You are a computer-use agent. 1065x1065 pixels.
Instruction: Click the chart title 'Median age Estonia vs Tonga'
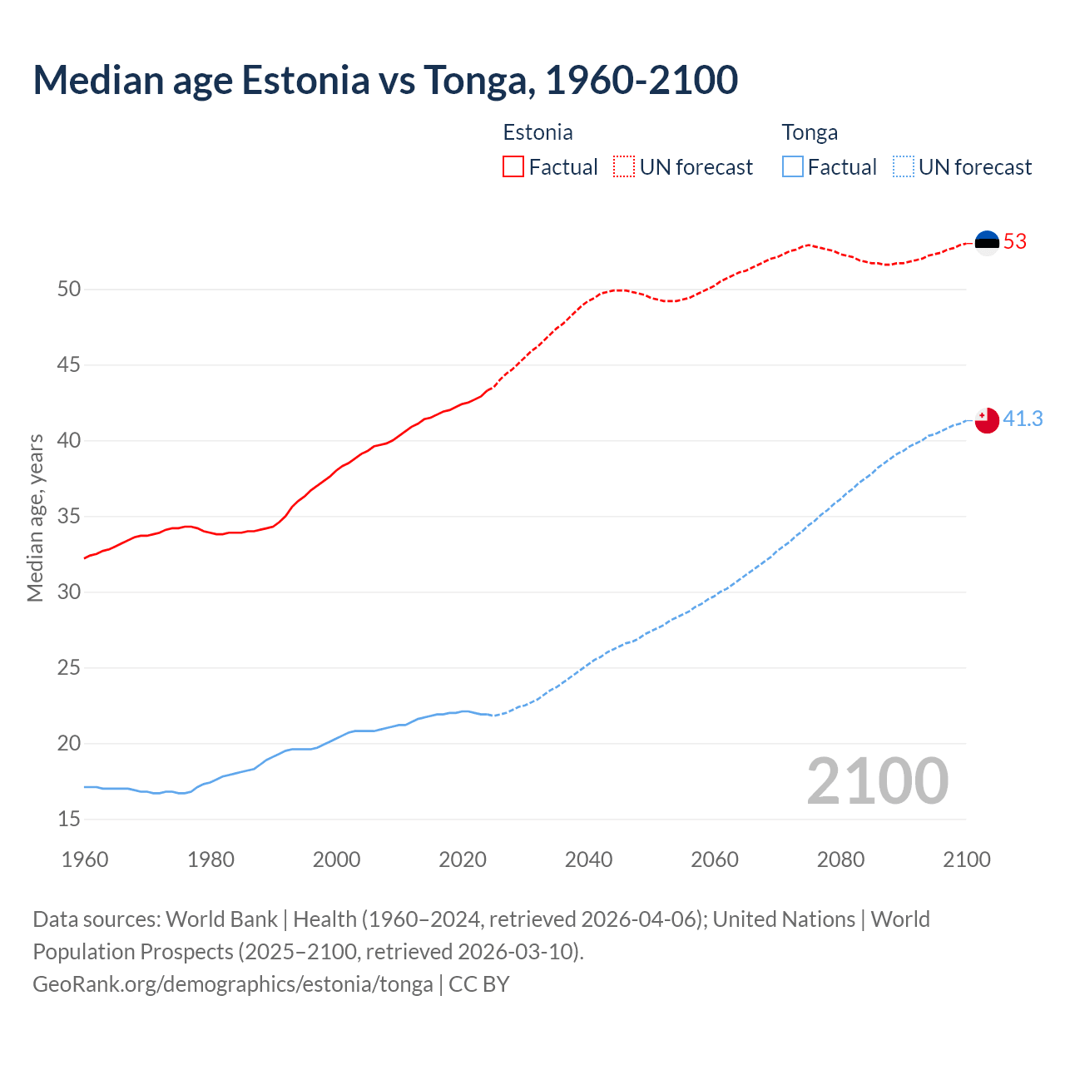pyautogui.click(x=385, y=80)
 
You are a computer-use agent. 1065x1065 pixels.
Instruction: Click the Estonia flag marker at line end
pyautogui.click(x=987, y=242)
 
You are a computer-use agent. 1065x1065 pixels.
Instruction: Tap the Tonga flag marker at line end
pyautogui.click(x=987, y=420)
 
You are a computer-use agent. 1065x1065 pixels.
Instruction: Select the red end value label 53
pyautogui.click(x=1015, y=242)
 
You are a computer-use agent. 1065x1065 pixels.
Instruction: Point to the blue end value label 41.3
pyautogui.click(x=1023, y=419)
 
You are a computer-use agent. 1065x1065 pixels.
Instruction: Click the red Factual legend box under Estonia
pyautogui.click(x=513, y=167)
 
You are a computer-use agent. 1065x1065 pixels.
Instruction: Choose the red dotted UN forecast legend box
pyautogui.click(x=624, y=167)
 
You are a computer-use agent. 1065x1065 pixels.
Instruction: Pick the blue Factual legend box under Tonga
pyautogui.click(x=793, y=167)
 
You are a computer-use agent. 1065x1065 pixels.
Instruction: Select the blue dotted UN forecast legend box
pyautogui.click(x=903, y=167)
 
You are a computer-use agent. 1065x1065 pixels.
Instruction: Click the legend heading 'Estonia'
pyautogui.click(x=537, y=132)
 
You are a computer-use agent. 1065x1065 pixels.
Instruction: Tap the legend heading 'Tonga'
pyautogui.click(x=810, y=132)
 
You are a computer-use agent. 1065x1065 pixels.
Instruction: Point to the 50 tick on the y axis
pyautogui.click(x=69, y=290)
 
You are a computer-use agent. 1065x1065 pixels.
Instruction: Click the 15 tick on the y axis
pyautogui.click(x=69, y=820)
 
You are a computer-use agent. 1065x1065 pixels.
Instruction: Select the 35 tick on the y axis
pyautogui.click(x=69, y=517)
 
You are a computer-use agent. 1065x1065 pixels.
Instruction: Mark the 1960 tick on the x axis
pyautogui.click(x=85, y=859)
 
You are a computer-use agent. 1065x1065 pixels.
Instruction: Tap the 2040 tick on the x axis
pyautogui.click(x=588, y=859)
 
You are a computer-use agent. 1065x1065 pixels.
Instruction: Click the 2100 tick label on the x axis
pyautogui.click(x=966, y=859)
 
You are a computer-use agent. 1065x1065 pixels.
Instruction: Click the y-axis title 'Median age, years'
pyautogui.click(x=35, y=518)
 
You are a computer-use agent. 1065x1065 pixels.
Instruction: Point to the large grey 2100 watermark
pyautogui.click(x=877, y=780)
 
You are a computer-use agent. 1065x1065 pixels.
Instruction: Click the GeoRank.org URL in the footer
pyautogui.click(x=232, y=984)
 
